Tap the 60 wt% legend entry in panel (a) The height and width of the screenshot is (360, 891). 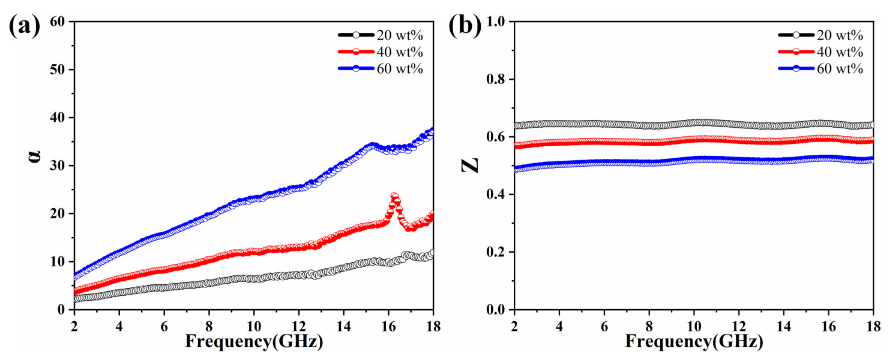click(380, 69)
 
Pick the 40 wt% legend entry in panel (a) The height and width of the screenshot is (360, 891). click(380, 52)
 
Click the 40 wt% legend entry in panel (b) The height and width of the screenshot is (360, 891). click(820, 52)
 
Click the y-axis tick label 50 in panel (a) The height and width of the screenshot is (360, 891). click(57, 70)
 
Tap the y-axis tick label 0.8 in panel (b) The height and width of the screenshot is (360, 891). click(496, 79)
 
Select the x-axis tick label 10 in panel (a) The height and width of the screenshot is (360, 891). click(253, 326)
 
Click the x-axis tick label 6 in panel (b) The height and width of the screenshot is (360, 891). click(604, 326)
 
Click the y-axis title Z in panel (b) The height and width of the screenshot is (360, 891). click(470, 165)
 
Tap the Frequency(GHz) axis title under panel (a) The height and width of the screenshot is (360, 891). click(254, 342)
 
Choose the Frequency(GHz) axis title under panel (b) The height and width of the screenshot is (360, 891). click(694, 342)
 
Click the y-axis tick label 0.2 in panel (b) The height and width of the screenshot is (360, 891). click(496, 252)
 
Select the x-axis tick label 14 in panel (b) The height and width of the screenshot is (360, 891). click(783, 326)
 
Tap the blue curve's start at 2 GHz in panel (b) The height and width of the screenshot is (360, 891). click(516, 169)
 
